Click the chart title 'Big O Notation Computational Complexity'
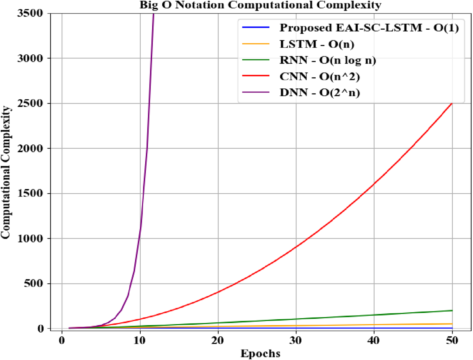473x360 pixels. tap(260, 5)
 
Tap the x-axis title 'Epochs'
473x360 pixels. tap(260, 353)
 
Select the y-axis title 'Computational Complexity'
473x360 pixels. tap(6, 172)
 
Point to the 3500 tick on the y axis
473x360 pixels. tap(30, 13)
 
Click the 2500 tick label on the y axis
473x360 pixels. tap(30, 103)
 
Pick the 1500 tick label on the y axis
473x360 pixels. tap(30, 193)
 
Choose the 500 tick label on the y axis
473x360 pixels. tap(33, 283)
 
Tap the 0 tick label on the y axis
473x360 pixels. tap(40, 328)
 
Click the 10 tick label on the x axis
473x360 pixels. tap(140, 340)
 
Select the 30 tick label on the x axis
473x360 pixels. tap(296, 340)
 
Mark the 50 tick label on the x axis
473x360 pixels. tap(452, 340)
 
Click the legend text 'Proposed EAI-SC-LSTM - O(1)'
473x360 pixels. tap(369, 28)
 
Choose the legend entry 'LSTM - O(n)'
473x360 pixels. tap(317, 44)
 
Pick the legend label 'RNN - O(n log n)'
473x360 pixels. tap(328, 60)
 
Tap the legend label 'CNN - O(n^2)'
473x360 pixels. tap(319, 77)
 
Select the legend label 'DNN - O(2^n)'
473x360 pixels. tap(319, 93)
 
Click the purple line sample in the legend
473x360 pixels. tap(256, 92)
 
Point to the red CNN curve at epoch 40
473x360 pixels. tap(374, 184)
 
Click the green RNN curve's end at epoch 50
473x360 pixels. tap(452, 311)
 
